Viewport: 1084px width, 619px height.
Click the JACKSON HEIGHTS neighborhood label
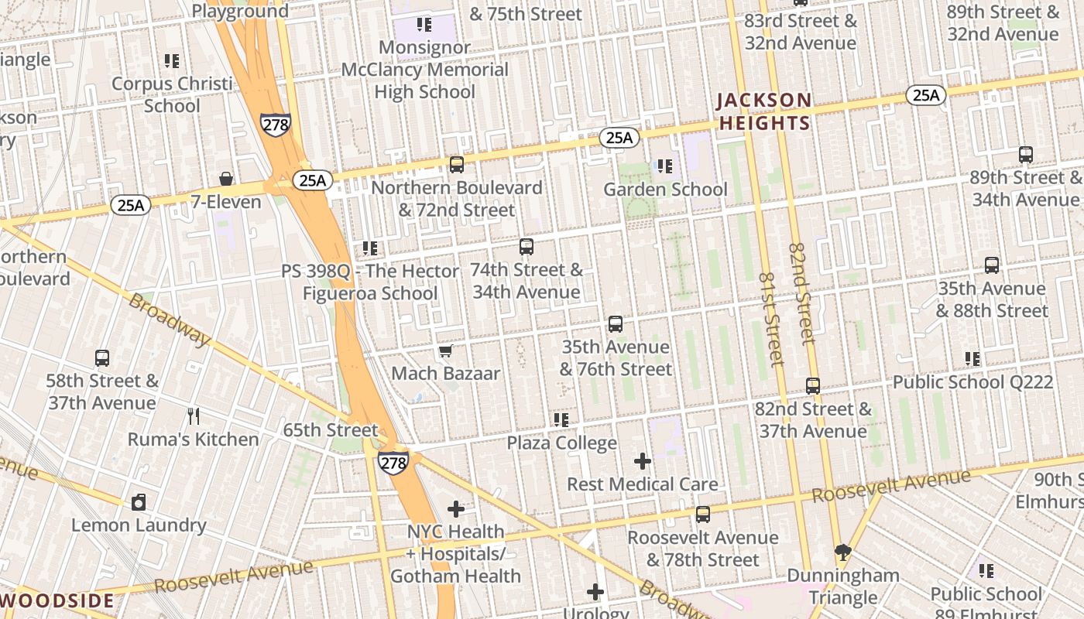763,111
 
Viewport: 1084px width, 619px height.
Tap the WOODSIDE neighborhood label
57,600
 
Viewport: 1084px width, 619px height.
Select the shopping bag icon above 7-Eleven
226,180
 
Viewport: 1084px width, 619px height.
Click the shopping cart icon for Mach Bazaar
445,352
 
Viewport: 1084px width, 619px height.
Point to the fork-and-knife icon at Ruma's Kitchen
194,416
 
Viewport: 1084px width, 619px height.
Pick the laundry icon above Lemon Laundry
139,502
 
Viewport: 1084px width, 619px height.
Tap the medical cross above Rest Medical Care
642,462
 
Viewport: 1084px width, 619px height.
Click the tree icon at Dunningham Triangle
843,552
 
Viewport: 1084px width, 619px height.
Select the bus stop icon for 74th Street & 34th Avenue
527,248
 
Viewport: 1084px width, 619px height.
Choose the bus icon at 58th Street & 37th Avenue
102,358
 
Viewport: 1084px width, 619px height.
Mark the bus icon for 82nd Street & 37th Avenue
812,386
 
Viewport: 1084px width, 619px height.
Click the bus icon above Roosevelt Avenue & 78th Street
703,515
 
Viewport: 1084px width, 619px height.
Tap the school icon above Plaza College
561,420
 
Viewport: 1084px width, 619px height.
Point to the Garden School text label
665,190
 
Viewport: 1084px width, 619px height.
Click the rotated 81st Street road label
770,318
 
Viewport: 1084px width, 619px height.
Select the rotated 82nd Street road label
802,293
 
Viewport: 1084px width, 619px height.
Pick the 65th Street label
331,430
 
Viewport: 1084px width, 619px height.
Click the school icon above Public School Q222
973,359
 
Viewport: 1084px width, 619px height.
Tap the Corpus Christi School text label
172,94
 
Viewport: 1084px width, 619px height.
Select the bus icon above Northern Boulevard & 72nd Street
457,165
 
